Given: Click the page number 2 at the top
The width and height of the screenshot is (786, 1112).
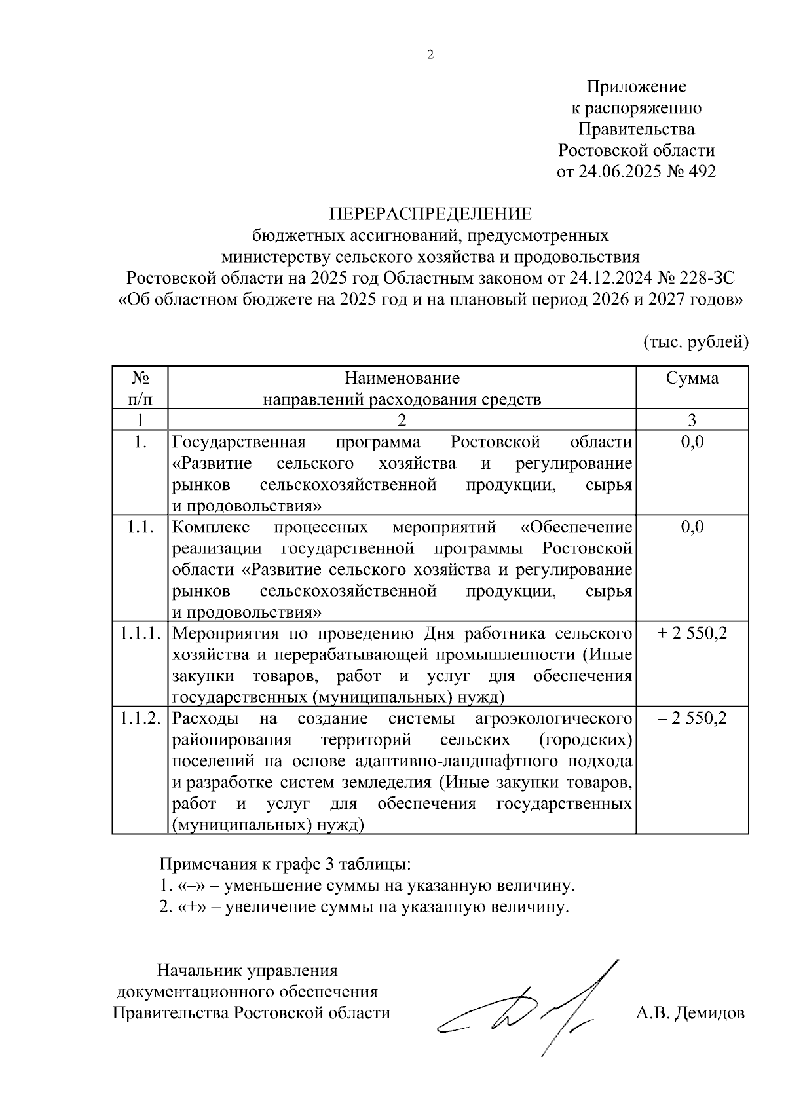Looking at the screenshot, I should coord(430,56).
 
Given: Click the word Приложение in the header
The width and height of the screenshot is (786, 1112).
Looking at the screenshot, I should coord(636,86).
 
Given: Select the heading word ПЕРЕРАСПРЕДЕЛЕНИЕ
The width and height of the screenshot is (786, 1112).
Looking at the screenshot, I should coord(430,214).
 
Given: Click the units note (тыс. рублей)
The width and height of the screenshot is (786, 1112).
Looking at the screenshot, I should coord(696,341).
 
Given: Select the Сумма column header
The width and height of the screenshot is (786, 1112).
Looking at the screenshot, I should coord(692,378).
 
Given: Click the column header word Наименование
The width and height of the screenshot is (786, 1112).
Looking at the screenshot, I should coord(402,378).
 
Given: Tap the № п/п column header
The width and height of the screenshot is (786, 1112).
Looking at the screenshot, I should coord(140,388).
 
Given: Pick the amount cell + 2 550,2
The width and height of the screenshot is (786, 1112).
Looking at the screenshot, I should coord(692,633).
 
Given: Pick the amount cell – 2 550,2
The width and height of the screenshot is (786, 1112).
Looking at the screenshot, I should coord(692,718).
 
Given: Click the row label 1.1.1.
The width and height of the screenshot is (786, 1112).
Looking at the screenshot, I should coord(140,633).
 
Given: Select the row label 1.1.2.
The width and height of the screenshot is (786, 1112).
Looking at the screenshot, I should coord(140,718).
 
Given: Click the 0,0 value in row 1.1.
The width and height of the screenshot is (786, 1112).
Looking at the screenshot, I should coord(692,527).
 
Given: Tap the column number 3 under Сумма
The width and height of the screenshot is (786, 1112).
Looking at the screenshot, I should coord(692,420).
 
